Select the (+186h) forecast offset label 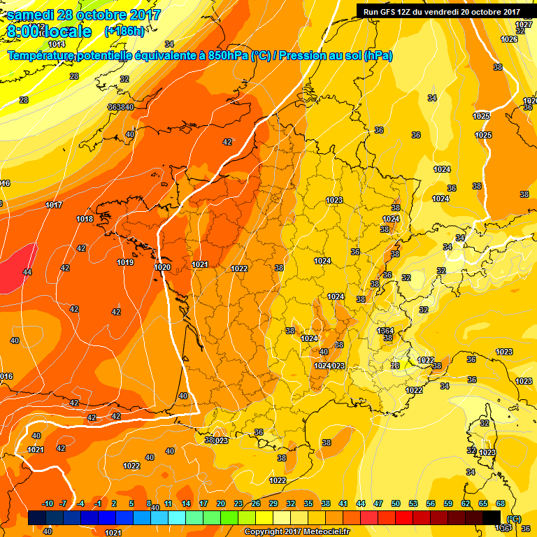(124, 31)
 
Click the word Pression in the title (303, 55)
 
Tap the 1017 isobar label (53, 205)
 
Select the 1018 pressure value (85, 219)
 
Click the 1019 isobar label (125, 262)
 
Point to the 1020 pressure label (162, 267)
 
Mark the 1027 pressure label (524, 24)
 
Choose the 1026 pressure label (509, 39)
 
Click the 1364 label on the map (385, 331)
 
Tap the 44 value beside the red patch (27, 272)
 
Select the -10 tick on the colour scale (48, 503)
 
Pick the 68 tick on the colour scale (501, 503)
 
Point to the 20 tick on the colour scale (220, 503)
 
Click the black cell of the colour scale (492, 517)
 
